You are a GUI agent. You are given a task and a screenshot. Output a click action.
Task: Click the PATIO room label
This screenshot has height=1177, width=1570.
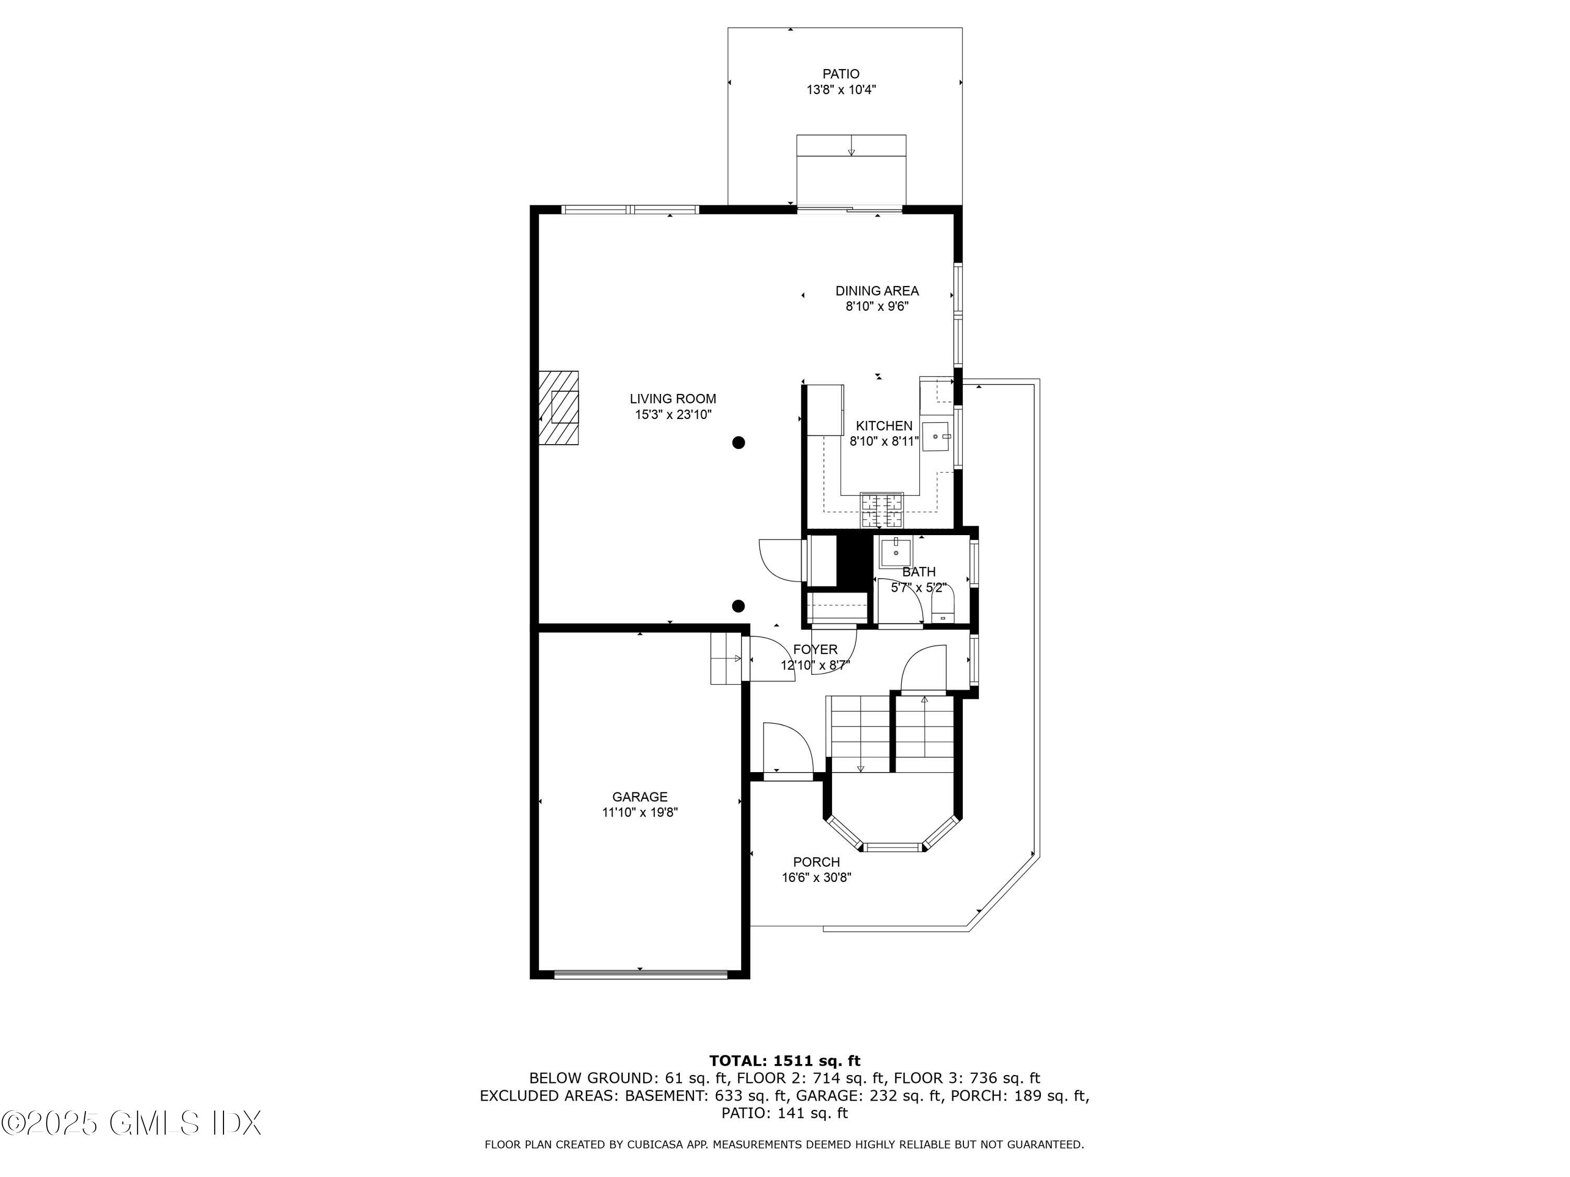coord(840,74)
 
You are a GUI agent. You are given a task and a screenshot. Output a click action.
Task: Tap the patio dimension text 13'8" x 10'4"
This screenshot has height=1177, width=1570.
coord(840,90)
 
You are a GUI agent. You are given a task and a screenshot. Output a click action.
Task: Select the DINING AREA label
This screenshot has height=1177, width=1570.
coord(877,291)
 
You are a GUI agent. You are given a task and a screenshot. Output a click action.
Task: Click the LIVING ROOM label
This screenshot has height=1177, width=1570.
coord(673,399)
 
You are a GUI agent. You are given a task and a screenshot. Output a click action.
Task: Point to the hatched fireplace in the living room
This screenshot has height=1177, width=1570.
coord(558,408)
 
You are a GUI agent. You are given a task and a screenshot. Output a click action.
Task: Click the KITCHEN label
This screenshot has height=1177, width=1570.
coord(884,426)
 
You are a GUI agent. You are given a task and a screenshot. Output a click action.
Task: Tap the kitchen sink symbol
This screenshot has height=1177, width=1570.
coord(936,436)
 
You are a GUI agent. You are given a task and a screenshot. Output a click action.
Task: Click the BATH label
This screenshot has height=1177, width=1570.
coord(918,572)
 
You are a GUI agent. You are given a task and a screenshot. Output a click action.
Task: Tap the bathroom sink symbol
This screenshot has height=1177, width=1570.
coord(895,553)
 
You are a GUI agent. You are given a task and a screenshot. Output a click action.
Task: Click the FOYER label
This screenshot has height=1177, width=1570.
coord(815,649)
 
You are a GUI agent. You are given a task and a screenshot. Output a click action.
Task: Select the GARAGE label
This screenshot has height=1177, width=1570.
coord(640,797)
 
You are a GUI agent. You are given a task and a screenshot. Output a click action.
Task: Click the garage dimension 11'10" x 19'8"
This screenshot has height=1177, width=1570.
coord(640,813)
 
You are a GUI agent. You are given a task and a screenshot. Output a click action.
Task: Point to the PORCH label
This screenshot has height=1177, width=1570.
coord(816,862)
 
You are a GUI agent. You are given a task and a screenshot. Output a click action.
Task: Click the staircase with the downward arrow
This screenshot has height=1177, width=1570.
coord(859,734)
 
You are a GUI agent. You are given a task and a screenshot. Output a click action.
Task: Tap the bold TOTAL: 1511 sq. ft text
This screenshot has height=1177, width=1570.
coord(784,1061)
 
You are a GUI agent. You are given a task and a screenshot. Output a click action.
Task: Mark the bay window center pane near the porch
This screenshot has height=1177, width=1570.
coord(893,846)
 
